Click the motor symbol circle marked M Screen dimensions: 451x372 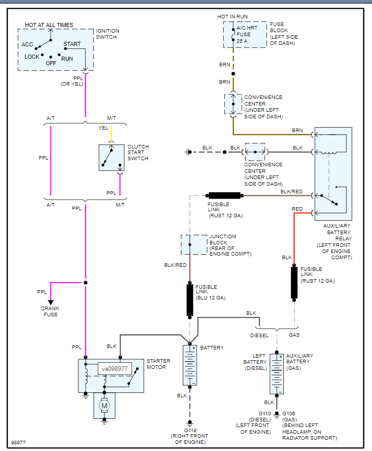(x=104, y=406)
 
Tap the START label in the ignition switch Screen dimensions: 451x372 (x=72, y=44)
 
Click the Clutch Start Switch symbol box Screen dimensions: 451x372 (x=112, y=158)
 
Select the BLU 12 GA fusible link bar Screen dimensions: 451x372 (x=190, y=300)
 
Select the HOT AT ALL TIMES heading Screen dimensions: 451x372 (x=49, y=25)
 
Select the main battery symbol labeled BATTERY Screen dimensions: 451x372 (x=190, y=365)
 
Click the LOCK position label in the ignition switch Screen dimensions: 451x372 (x=32, y=57)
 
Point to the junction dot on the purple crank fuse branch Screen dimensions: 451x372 (x=86, y=282)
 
